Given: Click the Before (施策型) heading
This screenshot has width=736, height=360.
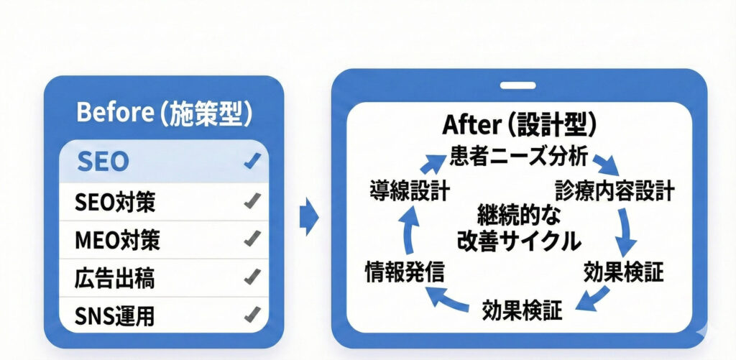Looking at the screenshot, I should [x=163, y=114].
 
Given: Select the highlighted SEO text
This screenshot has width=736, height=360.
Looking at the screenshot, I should [x=102, y=161].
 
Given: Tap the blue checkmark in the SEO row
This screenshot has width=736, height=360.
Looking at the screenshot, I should [x=252, y=162].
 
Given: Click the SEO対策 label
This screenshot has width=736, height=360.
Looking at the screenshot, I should [x=115, y=203].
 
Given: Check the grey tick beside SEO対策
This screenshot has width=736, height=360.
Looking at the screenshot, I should [x=252, y=202].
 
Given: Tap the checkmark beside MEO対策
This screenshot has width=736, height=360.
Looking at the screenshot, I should [x=252, y=238].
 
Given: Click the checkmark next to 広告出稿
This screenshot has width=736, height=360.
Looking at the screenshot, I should [x=252, y=276].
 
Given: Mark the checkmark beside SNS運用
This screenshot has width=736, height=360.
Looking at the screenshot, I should [x=252, y=313].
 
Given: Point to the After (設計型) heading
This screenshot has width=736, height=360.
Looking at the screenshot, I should [x=520, y=126].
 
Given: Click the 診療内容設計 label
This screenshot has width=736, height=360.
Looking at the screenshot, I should [x=615, y=190].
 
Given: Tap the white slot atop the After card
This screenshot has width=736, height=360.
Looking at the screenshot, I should [x=519, y=86].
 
